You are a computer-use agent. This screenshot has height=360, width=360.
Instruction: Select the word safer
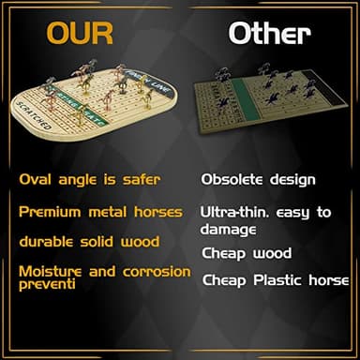(138, 178)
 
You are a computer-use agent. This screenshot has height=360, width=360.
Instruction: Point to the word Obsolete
(235, 178)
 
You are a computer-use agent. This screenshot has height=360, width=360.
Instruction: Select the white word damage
(229, 228)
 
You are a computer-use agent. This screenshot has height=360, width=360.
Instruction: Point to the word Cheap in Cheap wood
(222, 253)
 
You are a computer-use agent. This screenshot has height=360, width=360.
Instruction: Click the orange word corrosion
(157, 272)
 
